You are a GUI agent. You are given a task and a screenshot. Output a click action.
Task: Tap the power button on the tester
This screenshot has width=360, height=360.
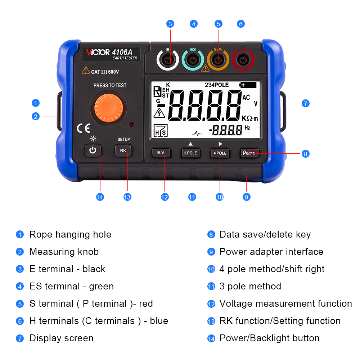(x=93, y=150)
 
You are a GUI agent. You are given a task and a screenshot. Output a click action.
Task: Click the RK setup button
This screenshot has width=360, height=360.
(x=123, y=150)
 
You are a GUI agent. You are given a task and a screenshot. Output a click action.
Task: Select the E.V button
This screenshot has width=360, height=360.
(x=161, y=153)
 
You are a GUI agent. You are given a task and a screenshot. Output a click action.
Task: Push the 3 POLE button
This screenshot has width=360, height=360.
(x=190, y=153)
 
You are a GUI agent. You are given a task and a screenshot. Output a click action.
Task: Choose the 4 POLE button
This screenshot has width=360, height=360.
(x=220, y=153)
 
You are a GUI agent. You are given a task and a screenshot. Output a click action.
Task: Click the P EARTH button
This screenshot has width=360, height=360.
(x=250, y=153)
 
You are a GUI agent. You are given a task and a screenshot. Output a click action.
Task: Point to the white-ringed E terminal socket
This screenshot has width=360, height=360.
(x=168, y=60)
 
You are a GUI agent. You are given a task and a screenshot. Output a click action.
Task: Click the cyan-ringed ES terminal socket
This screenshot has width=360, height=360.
(x=193, y=60)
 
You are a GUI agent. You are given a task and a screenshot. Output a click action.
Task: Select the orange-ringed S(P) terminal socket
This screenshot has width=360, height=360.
(x=218, y=60)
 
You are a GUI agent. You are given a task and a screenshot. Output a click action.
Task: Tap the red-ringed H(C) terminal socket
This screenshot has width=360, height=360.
(x=243, y=60)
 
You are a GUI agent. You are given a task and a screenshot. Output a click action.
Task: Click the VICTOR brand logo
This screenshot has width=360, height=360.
(x=98, y=52)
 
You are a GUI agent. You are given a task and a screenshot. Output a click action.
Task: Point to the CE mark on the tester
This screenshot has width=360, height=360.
(x=84, y=129)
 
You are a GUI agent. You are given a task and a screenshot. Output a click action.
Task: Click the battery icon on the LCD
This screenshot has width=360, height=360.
(x=248, y=85)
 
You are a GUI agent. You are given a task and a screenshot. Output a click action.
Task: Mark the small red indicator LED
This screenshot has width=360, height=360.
(x=131, y=125)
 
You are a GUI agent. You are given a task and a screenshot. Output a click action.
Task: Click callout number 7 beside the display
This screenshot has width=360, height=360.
(x=305, y=103)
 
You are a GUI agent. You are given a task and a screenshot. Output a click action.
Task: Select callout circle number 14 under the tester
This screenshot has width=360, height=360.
(x=100, y=197)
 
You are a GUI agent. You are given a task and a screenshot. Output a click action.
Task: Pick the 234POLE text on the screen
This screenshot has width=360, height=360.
(x=217, y=85)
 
